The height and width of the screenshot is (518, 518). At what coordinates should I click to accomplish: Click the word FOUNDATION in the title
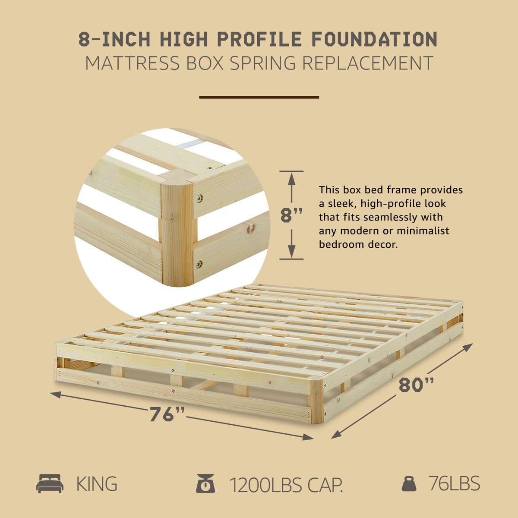click(x=375, y=40)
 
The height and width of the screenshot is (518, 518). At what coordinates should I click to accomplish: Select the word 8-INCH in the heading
click(x=115, y=40)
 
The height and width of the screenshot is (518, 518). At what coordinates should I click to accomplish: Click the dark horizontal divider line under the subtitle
click(x=259, y=98)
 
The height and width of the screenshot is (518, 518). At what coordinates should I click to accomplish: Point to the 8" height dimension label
click(x=291, y=215)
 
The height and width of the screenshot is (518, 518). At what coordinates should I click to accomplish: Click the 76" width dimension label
click(x=167, y=415)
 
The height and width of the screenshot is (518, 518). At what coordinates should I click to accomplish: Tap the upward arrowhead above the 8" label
click(x=292, y=177)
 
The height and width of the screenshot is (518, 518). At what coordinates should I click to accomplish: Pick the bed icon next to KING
click(x=50, y=483)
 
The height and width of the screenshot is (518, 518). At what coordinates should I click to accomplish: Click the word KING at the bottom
click(x=97, y=484)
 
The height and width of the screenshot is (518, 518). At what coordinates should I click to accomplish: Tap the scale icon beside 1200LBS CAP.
click(x=205, y=483)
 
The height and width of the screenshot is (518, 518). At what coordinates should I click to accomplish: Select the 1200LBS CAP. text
click(x=286, y=484)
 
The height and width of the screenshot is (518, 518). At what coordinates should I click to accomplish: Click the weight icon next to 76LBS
click(x=409, y=483)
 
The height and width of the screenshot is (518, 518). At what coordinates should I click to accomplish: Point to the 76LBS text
click(x=454, y=483)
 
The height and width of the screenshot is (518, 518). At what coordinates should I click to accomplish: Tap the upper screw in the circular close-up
click(x=199, y=198)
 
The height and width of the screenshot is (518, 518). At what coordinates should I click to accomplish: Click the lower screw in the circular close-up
click(x=199, y=264)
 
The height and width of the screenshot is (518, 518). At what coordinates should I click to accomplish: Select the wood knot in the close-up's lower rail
click(x=251, y=229)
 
